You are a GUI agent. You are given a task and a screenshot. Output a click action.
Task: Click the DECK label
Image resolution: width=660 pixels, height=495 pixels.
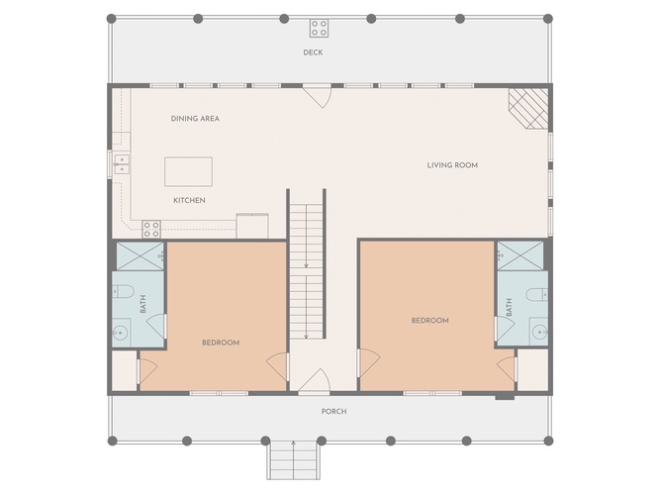(x=313, y=52)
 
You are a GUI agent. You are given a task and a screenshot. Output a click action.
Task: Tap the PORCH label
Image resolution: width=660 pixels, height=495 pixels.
(x=333, y=411)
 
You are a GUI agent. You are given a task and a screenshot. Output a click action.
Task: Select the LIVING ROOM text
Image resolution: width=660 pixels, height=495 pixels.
(x=452, y=165)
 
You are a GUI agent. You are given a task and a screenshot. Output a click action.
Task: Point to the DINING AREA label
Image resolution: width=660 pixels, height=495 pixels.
(x=195, y=119)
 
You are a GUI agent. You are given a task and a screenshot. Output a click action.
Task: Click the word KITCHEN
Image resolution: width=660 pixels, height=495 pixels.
(x=189, y=200)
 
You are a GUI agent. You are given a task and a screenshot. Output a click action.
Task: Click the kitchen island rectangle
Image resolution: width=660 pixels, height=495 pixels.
(x=188, y=171)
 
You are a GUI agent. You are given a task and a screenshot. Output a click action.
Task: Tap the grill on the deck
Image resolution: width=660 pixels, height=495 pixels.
(x=319, y=29)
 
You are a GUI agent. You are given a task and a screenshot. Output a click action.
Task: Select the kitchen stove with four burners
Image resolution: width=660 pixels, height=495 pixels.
(x=151, y=229)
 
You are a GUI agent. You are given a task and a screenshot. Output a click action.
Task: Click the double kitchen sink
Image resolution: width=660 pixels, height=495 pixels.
(x=122, y=164)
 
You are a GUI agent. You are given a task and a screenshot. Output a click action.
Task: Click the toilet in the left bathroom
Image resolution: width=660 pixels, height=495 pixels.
(x=123, y=291)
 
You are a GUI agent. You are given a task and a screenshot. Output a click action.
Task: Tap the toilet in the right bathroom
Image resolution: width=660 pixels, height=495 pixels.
(x=537, y=294)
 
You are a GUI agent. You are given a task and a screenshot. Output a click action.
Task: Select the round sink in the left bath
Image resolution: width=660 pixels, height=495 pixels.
(x=120, y=334)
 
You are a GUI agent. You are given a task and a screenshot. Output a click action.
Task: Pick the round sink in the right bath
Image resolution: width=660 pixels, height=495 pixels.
(x=539, y=332)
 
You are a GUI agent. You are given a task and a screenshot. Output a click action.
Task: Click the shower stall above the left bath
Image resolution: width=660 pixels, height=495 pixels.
(x=140, y=256)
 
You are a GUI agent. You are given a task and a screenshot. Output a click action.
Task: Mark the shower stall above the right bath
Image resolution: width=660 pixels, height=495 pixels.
(x=520, y=255)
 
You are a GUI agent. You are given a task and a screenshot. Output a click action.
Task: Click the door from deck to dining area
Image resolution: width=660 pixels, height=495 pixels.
(x=318, y=95)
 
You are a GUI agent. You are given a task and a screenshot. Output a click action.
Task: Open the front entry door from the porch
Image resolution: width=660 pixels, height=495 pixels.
(x=314, y=381)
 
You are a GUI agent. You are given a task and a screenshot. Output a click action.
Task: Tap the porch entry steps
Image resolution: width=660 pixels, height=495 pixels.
(x=293, y=460)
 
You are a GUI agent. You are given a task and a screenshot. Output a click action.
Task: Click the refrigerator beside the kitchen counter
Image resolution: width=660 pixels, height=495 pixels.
(x=252, y=227)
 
